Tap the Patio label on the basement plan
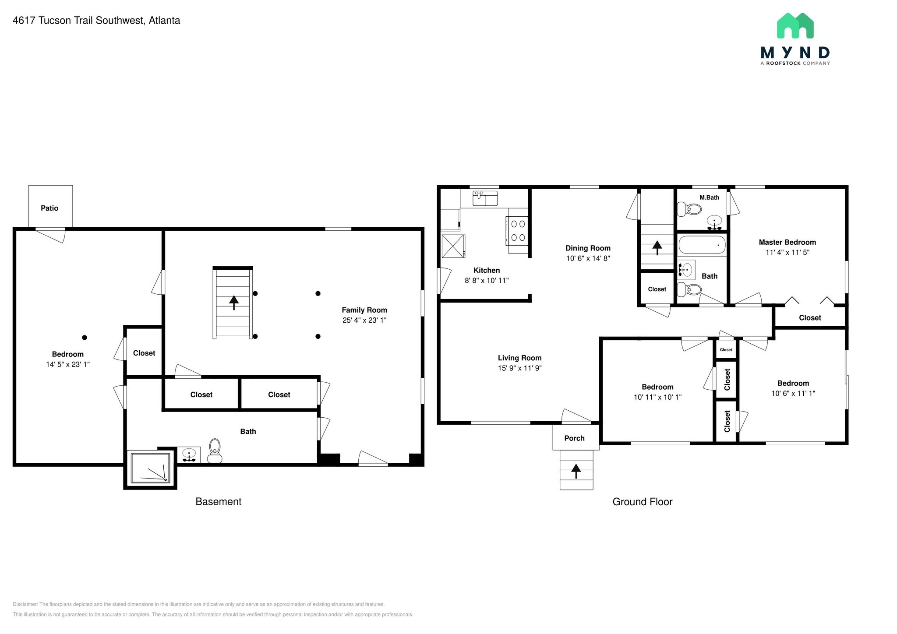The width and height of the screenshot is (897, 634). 49,208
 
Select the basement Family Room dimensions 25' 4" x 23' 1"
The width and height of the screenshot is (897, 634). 364,320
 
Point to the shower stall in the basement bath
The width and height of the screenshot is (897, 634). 150,468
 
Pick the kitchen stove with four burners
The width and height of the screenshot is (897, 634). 518,231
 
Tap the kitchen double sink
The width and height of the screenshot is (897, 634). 485,198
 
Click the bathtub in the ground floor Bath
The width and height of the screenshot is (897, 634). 702,245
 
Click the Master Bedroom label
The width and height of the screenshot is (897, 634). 787,242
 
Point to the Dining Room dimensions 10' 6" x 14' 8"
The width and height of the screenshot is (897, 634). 588,258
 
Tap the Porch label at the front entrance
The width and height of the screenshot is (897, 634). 574,438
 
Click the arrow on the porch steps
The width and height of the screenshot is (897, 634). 576,471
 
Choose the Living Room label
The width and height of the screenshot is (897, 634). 519,358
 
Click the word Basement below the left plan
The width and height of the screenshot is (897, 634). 218,502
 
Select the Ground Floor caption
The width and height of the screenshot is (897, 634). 642,502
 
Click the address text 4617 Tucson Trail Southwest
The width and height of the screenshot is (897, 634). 79,21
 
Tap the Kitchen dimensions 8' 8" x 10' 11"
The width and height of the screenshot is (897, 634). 487,280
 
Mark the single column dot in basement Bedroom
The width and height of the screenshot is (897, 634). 85,338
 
